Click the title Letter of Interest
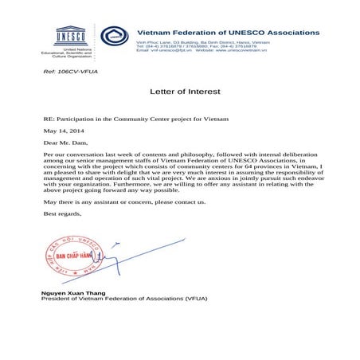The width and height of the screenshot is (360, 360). tap(179, 92)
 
